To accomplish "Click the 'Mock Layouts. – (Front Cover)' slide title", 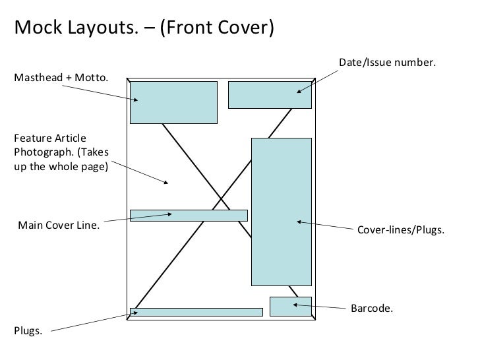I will point(143,28).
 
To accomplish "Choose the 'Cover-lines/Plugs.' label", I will point(400,231).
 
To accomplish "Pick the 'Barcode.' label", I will point(371,308).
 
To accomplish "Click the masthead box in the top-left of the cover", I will point(173,102).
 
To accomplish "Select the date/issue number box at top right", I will point(270,94).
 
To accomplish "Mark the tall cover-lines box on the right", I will point(282,211).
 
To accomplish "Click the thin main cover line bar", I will point(189,215).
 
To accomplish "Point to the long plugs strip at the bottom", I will point(198,312).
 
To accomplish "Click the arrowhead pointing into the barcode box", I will point(296,304).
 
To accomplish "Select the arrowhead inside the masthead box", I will point(135,100).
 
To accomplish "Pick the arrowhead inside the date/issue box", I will point(299,90).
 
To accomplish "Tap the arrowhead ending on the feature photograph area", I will point(170,183).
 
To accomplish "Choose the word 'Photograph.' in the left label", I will point(40,152).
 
